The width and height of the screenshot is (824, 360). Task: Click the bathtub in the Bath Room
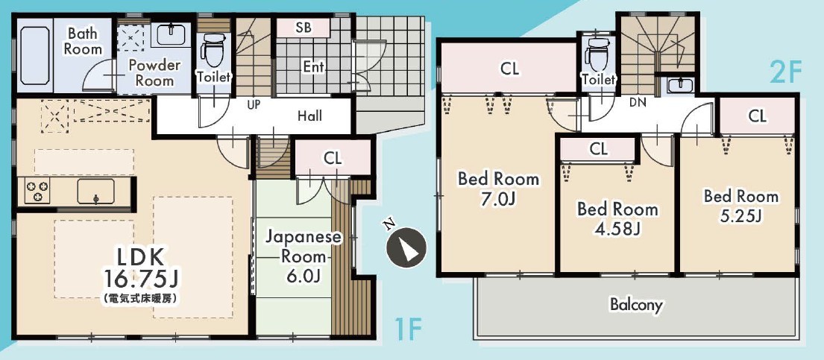click(x=35, y=55)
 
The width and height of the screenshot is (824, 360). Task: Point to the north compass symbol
click(x=405, y=245)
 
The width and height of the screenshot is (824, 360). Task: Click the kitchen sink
click(x=95, y=191)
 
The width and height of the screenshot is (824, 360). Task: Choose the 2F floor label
click(x=786, y=73)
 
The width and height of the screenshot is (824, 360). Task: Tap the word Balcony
click(x=636, y=305)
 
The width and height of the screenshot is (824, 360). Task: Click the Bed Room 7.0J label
click(x=498, y=188)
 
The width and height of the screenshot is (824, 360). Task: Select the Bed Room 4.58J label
click(x=617, y=218)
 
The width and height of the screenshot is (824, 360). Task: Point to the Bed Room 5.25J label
click(x=741, y=206)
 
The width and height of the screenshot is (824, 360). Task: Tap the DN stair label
click(x=638, y=103)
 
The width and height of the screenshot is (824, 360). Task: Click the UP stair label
click(x=254, y=104)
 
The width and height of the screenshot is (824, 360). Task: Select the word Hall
click(x=310, y=116)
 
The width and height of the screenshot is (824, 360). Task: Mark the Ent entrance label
click(x=314, y=67)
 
